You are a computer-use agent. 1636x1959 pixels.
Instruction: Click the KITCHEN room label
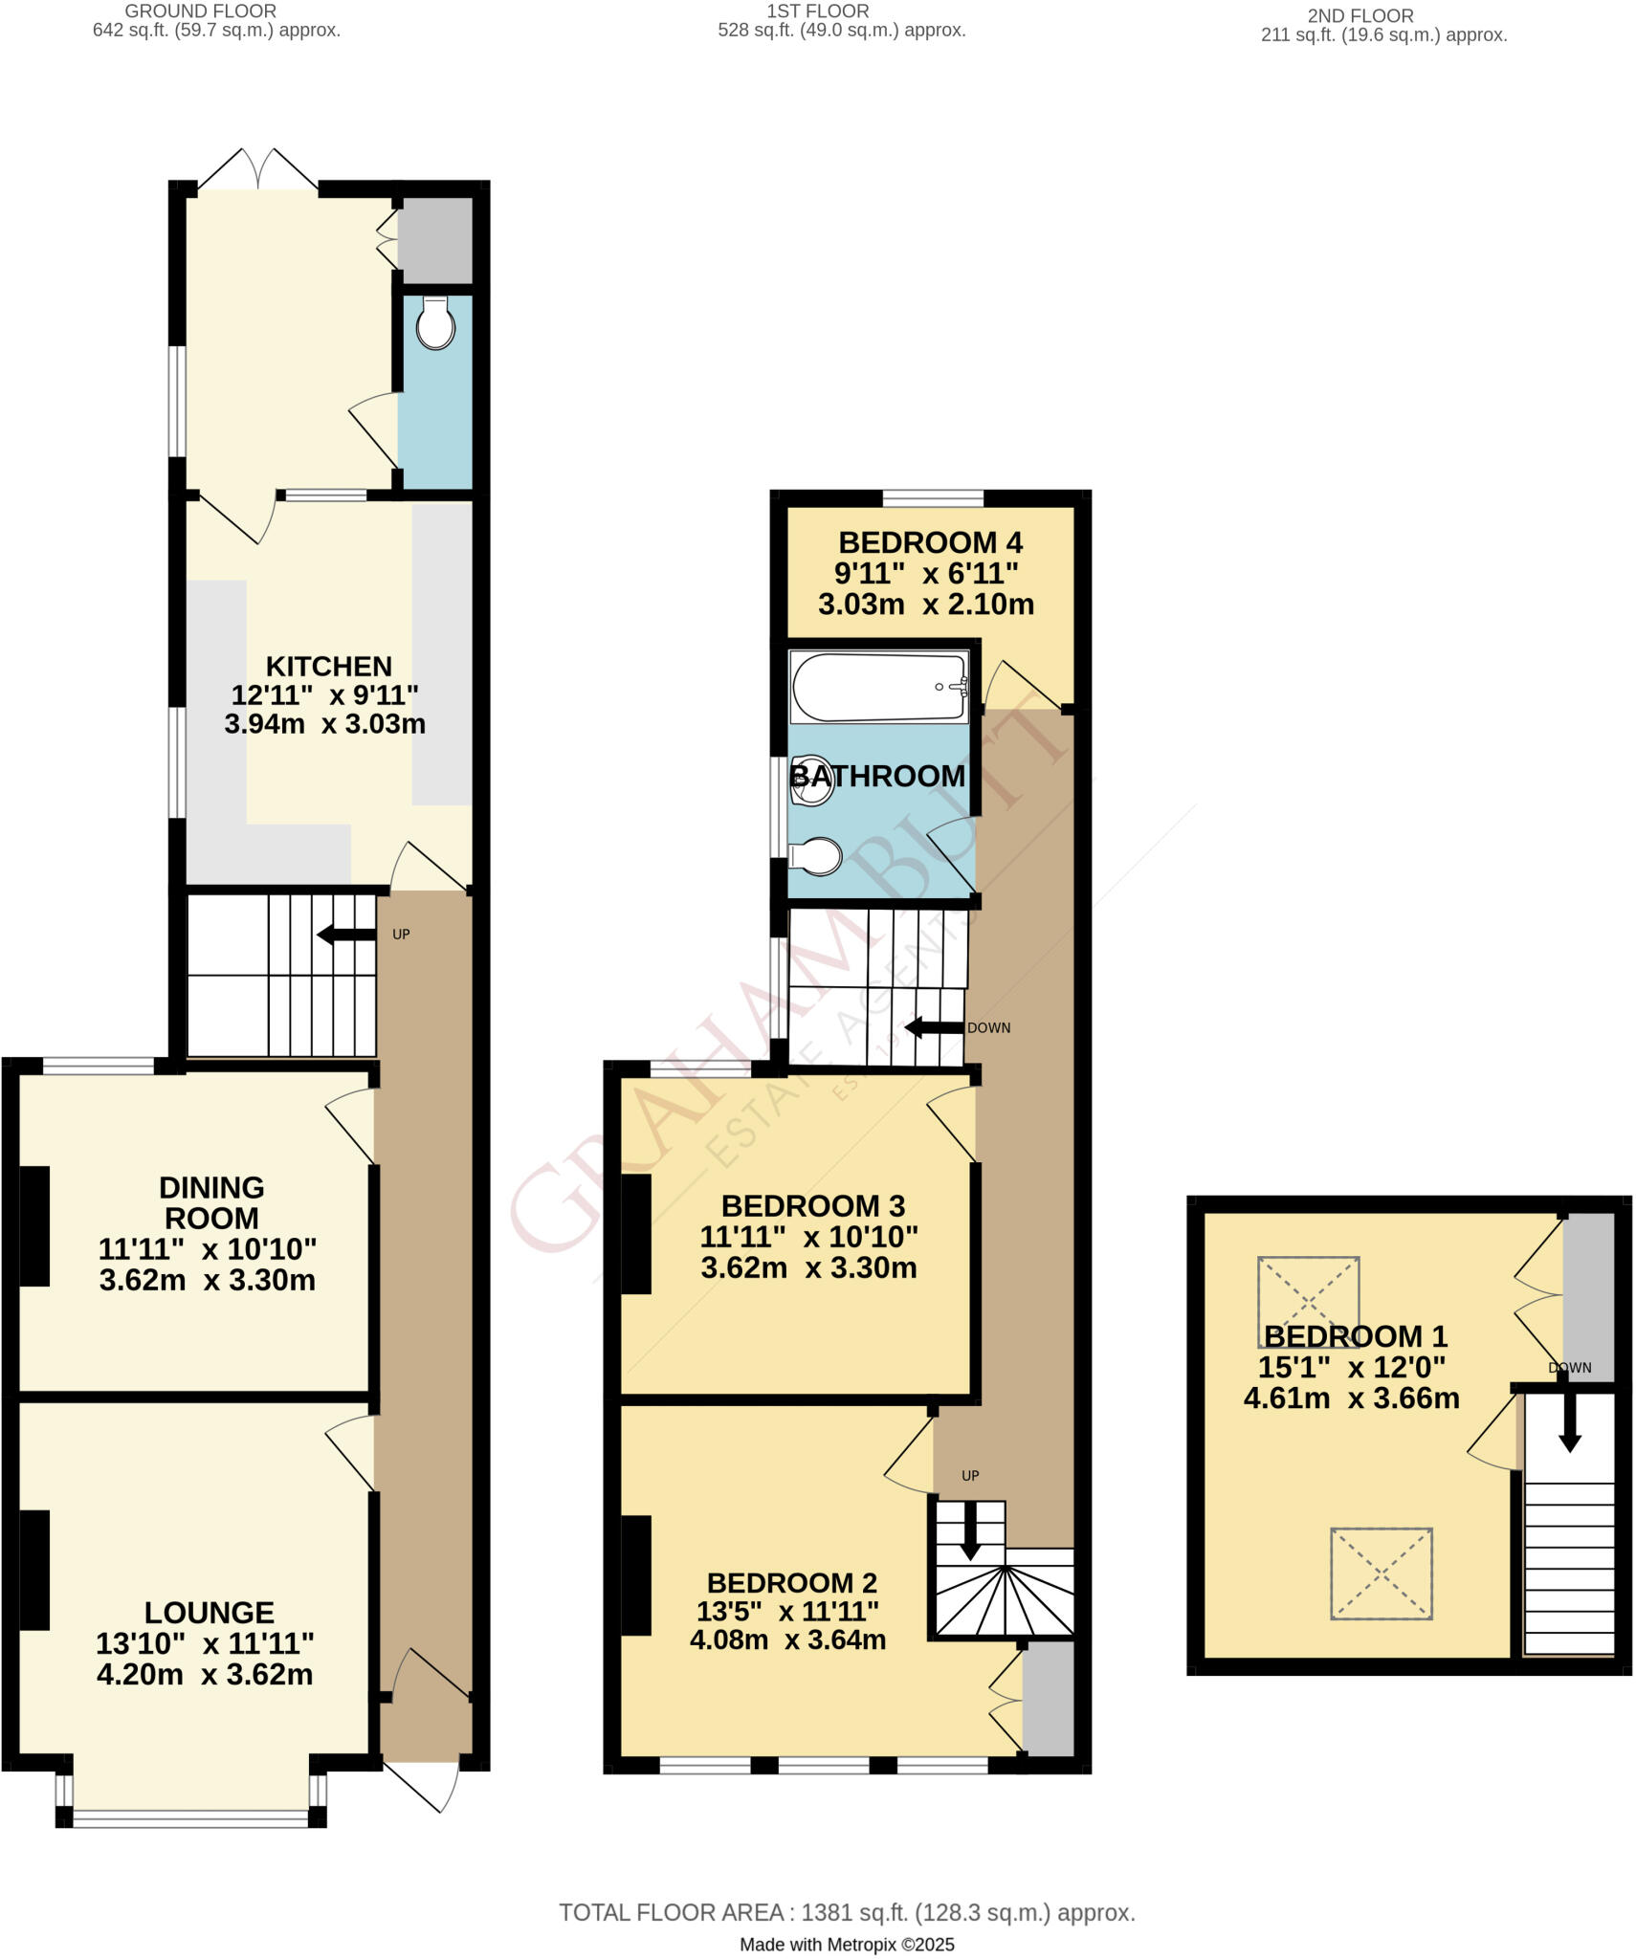point(328,666)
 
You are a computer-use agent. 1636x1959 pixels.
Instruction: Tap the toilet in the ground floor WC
point(435,324)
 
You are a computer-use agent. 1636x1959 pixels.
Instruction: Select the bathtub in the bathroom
point(878,687)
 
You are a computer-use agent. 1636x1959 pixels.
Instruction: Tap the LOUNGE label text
point(209,1613)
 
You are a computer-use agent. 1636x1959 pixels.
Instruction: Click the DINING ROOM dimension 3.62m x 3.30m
point(207,1280)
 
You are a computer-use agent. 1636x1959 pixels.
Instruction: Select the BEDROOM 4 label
point(930,542)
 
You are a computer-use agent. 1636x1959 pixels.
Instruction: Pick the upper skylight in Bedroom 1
point(1307,1301)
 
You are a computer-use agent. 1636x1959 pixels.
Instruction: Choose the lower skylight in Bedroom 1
point(1381,1574)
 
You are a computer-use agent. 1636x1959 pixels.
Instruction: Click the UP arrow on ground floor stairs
point(346,935)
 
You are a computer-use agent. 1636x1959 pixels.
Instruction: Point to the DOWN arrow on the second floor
point(1569,1424)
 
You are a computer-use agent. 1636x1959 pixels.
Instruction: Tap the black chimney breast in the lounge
point(34,1570)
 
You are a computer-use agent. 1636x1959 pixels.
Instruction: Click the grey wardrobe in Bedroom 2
point(1048,1699)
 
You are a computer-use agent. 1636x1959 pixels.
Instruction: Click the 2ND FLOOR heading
point(1360,15)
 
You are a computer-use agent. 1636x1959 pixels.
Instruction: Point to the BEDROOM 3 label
point(812,1205)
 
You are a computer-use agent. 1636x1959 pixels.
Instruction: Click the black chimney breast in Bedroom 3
point(636,1234)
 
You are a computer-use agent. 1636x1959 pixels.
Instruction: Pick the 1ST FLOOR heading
point(817,11)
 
